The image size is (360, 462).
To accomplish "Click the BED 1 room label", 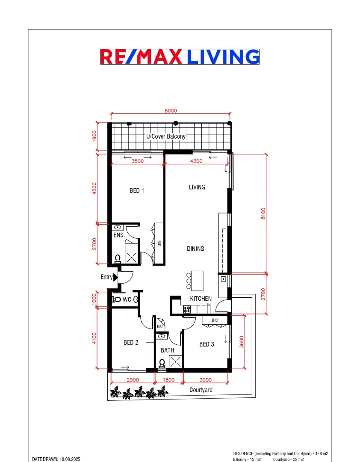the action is tap(137, 191).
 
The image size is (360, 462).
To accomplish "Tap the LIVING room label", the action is tap(197, 187).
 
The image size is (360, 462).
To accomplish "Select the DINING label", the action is tap(195, 249).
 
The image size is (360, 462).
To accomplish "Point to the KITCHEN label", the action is tap(201, 299).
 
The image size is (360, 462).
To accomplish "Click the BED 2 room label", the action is tap(131, 342).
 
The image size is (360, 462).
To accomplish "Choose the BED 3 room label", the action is tap(207, 344).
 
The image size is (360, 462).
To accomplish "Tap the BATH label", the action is tap(167, 350).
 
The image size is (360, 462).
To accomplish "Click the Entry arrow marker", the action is tap(115, 277).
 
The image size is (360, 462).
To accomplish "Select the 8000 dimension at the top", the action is tap(171, 110).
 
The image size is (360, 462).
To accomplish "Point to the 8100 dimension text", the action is tap(263, 213).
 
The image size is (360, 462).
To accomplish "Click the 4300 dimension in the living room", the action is tap(196, 161).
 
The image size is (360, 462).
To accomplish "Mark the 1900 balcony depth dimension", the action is tap(94, 136).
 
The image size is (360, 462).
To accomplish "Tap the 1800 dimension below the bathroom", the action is tap(168, 380).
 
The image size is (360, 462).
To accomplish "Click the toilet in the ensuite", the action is tap(118, 259).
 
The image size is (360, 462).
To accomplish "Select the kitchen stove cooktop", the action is tap(187, 309).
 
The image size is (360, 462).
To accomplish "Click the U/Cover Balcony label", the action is tap(166, 136).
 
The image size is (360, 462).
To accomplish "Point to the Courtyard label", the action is tap(201, 390).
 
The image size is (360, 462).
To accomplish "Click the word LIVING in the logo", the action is tap(223, 56).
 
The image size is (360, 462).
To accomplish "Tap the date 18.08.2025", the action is tap(70, 459).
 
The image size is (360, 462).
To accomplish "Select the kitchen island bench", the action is tap(197, 281).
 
